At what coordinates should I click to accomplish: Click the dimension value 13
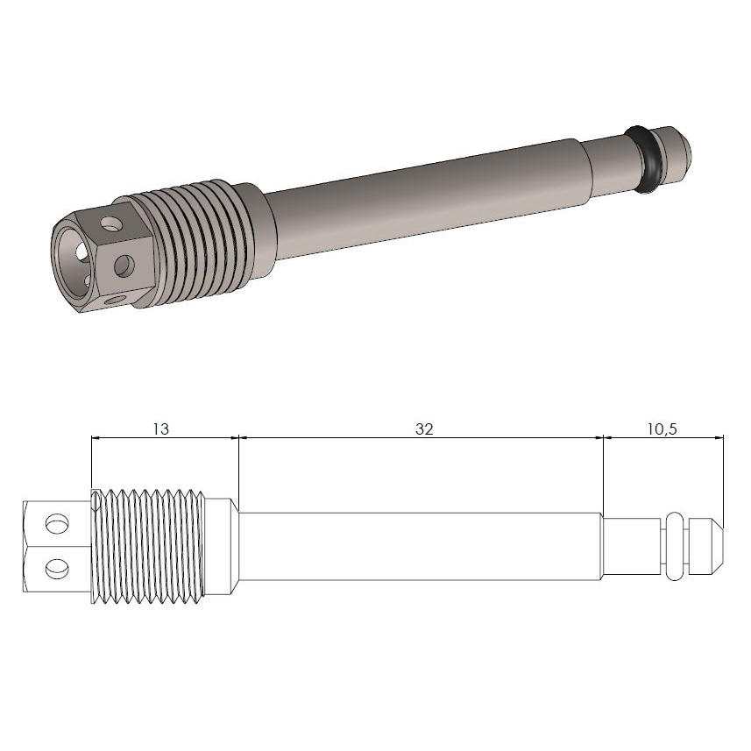[x=160, y=429]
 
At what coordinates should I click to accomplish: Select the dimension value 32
[x=424, y=429]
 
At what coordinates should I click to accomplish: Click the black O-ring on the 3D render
[x=646, y=158]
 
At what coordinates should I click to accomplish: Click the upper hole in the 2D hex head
[x=57, y=524]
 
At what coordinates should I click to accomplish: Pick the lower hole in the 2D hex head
[x=57, y=568]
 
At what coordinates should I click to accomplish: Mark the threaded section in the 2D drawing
[x=149, y=546]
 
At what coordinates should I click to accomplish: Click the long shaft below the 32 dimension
[x=421, y=546]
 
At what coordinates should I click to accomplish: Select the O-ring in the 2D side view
[x=674, y=546]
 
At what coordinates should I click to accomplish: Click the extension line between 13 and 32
[x=238, y=464]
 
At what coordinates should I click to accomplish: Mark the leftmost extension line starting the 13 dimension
[x=91, y=464]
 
